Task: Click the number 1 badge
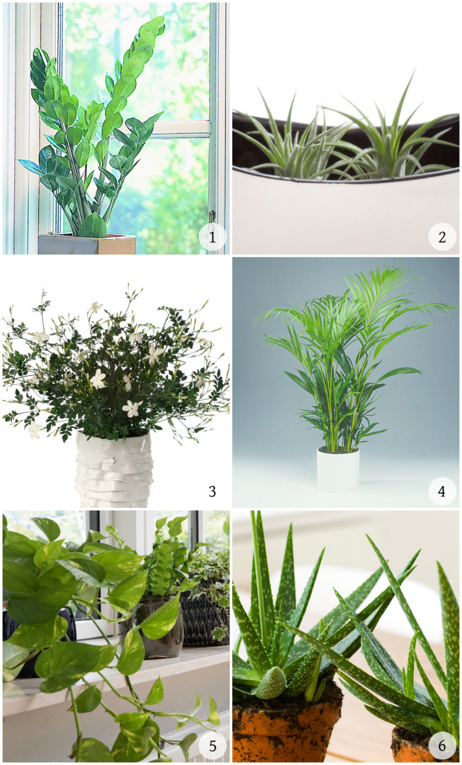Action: pyautogui.click(x=213, y=237)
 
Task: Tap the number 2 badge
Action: pyautogui.click(x=442, y=237)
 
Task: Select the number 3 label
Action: pyautogui.click(x=213, y=492)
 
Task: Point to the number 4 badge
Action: pyautogui.click(x=442, y=491)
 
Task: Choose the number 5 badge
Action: pyautogui.click(x=213, y=746)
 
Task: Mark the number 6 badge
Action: pyautogui.click(x=442, y=746)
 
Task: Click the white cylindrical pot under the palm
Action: pyautogui.click(x=338, y=469)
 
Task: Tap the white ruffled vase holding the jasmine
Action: pyautogui.click(x=113, y=470)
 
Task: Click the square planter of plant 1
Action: pyautogui.click(x=87, y=244)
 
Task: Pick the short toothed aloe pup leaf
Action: pyautogui.click(x=271, y=683)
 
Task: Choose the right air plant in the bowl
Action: pyautogui.click(x=393, y=137)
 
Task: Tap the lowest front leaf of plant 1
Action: pyautogui.click(x=92, y=226)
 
